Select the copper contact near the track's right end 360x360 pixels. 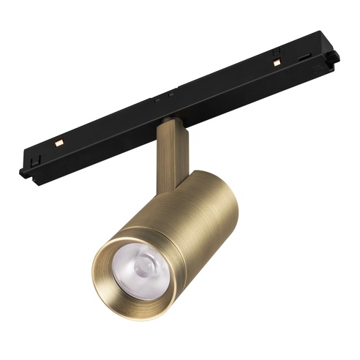pyautogui.click(x=277, y=63)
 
